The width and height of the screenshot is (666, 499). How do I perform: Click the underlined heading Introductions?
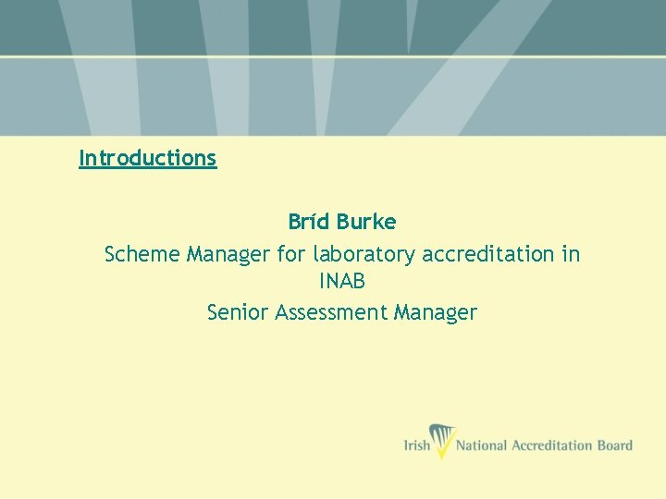click(x=148, y=158)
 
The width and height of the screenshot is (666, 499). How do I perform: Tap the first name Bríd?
click(x=309, y=222)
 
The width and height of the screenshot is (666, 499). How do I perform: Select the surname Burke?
click(x=366, y=222)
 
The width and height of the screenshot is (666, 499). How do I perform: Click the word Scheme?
click(x=142, y=253)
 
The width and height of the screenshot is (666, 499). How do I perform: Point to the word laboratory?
click(x=364, y=254)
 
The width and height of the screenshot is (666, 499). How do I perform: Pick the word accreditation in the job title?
click(x=488, y=253)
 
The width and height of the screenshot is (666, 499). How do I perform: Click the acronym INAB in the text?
click(x=342, y=282)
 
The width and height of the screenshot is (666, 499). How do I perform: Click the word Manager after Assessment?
click(x=435, y=313)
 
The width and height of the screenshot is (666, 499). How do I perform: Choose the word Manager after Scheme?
click(x=228, y=254)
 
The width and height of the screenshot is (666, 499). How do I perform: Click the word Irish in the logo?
click(x=417, y=445)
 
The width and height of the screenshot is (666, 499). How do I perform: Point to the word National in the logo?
click(x=483, y=445)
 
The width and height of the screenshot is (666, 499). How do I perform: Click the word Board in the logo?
click(x=614, y=445)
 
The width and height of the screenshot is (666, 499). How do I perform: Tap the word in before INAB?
click(x=570, y=253)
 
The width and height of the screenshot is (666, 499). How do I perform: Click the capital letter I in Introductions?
click(x=81, y=158)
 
